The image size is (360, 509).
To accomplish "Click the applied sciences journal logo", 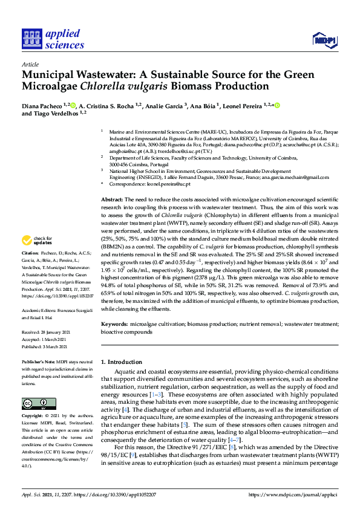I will (53, 39).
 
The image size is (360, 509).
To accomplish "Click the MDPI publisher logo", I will (324, 41).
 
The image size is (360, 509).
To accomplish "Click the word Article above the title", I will (30, 63).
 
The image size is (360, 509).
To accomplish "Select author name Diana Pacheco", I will (43, 105).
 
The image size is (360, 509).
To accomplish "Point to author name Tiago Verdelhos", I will (51, 113).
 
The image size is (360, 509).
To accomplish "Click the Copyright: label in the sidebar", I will (33, 416).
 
